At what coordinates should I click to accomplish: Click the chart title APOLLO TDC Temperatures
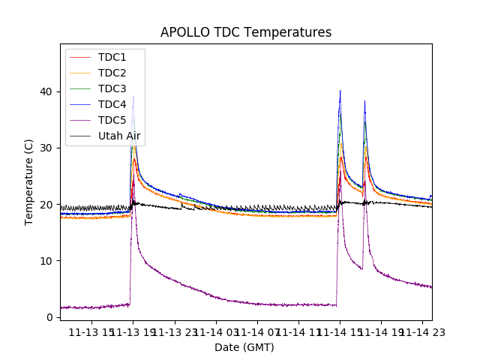[246, 32]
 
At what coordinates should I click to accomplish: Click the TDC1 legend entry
[112, 58]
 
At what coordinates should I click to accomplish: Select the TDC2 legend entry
[112, 73]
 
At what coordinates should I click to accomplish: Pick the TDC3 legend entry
[112, 89]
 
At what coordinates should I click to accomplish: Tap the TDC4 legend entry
[112, 105]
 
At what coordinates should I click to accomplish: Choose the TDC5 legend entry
[112, 121]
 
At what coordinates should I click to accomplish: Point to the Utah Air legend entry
[119, 136]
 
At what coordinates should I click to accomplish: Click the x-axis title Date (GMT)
[244, 347]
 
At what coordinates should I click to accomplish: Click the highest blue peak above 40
[340, 91]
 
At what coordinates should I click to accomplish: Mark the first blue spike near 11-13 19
[133, 96]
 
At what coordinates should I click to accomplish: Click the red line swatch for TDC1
[79, 58]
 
